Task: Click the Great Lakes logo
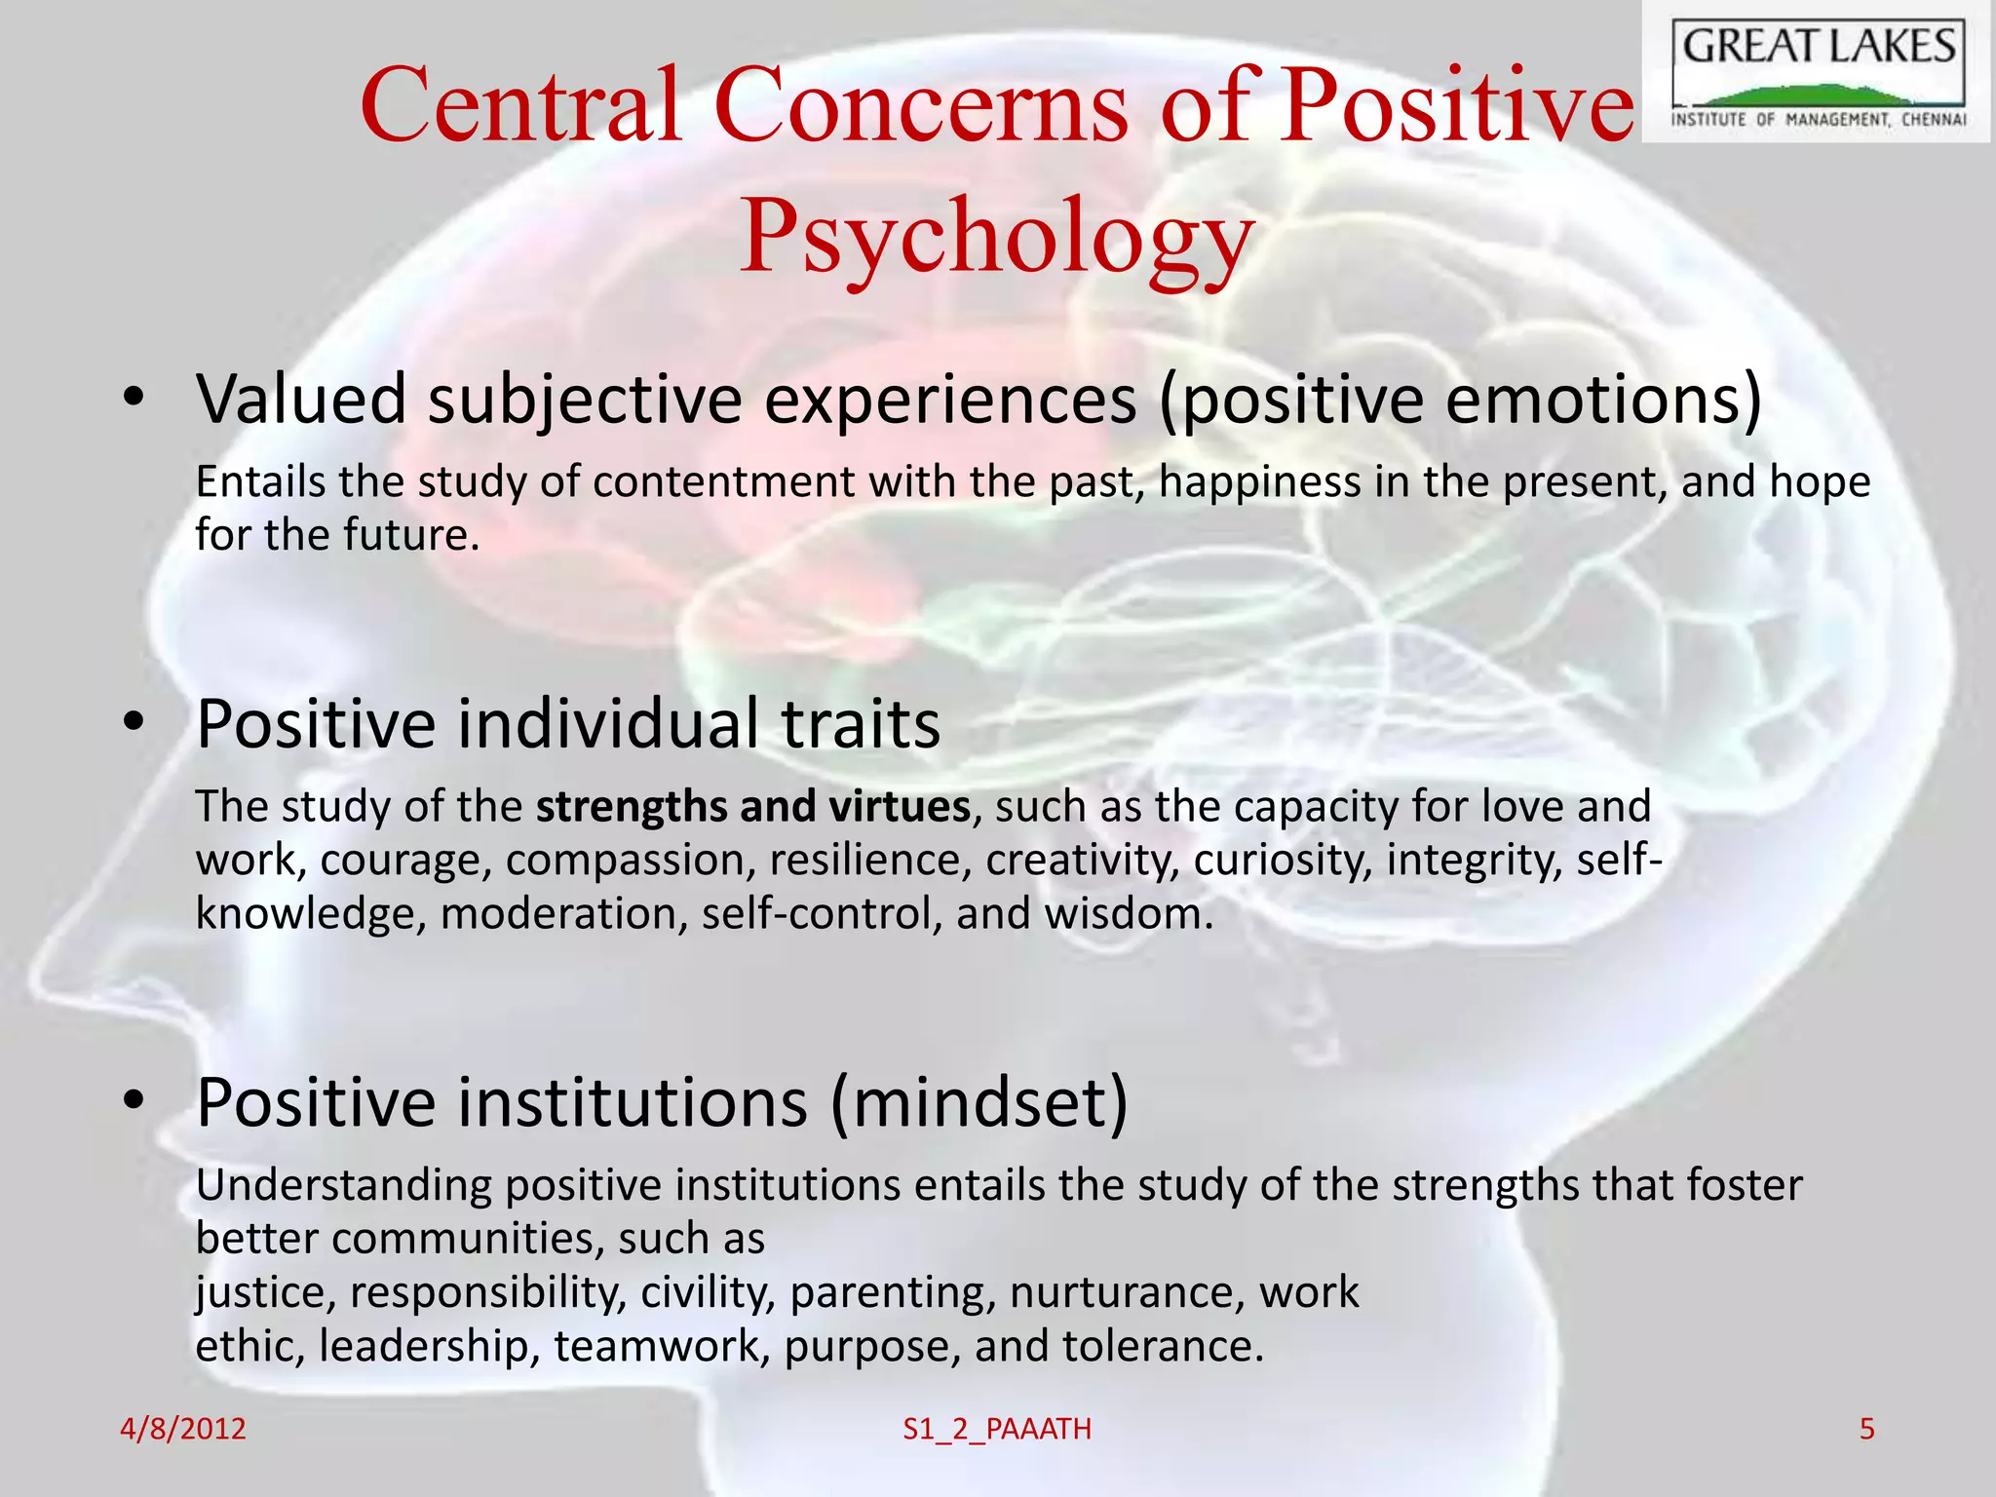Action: pos(1818,73)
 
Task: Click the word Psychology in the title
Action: pos(996,236)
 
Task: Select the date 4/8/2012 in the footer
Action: pos(182,1429)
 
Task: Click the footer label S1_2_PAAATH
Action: pos(997,1429)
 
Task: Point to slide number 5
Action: pos(1866,1429)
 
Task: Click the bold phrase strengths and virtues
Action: pos(752,807)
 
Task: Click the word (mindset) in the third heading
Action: pos(979,1102)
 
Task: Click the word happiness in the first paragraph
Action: pos(1259,482)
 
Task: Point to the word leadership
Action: pos(429,1346)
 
